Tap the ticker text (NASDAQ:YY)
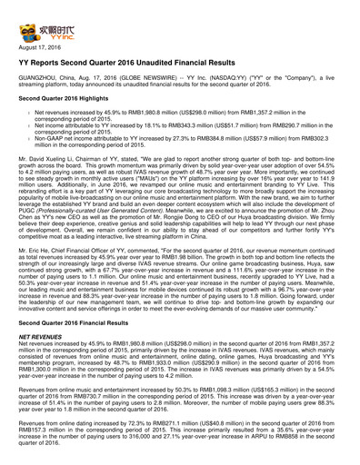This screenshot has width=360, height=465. click(210, 87)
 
